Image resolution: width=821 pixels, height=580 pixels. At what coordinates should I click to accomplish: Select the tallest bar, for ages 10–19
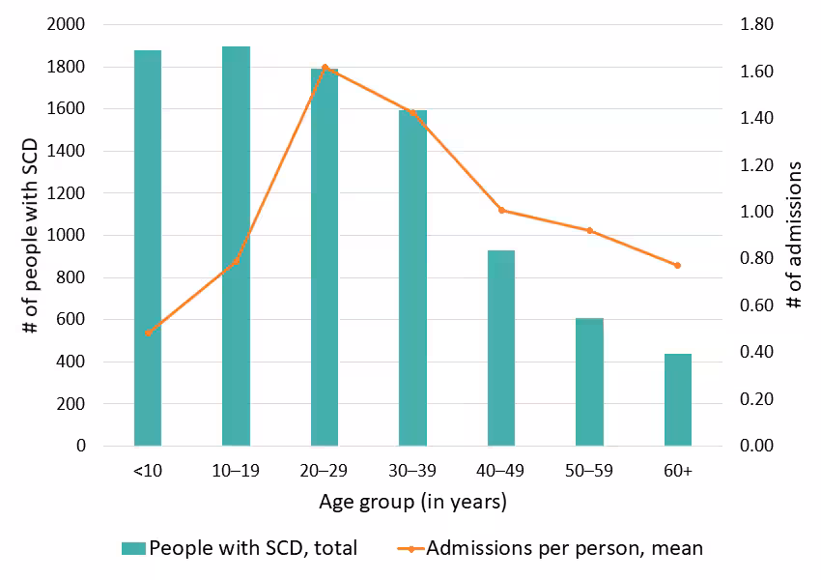point(236,246)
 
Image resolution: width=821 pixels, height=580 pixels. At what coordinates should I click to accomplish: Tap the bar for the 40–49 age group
point(500,348)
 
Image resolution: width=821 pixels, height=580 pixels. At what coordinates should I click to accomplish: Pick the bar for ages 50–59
point(589,382)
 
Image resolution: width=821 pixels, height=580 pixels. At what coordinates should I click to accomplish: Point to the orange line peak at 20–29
point(325,67)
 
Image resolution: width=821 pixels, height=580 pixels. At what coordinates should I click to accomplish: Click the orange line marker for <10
point(148,333)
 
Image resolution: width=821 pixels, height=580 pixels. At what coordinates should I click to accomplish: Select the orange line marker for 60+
point(678,265)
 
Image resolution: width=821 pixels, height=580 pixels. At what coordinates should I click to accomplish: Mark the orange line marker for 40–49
point(500,210)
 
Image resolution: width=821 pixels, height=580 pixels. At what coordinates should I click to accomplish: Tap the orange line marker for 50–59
point(589,230)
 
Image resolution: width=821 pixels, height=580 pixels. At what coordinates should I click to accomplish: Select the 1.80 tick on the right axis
point(756,25)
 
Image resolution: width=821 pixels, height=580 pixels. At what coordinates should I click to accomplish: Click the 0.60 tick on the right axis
point(756,305)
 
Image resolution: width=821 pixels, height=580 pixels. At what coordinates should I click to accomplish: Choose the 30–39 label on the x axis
point(412,471)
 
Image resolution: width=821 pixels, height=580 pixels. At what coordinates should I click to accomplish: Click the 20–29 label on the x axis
point(325,471)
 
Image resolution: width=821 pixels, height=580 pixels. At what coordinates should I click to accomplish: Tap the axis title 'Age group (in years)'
point(412,503)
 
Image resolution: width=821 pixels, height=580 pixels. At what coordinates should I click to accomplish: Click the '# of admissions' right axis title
point(794,235)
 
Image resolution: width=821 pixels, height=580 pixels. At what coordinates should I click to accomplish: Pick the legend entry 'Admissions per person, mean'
point(551,549)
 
